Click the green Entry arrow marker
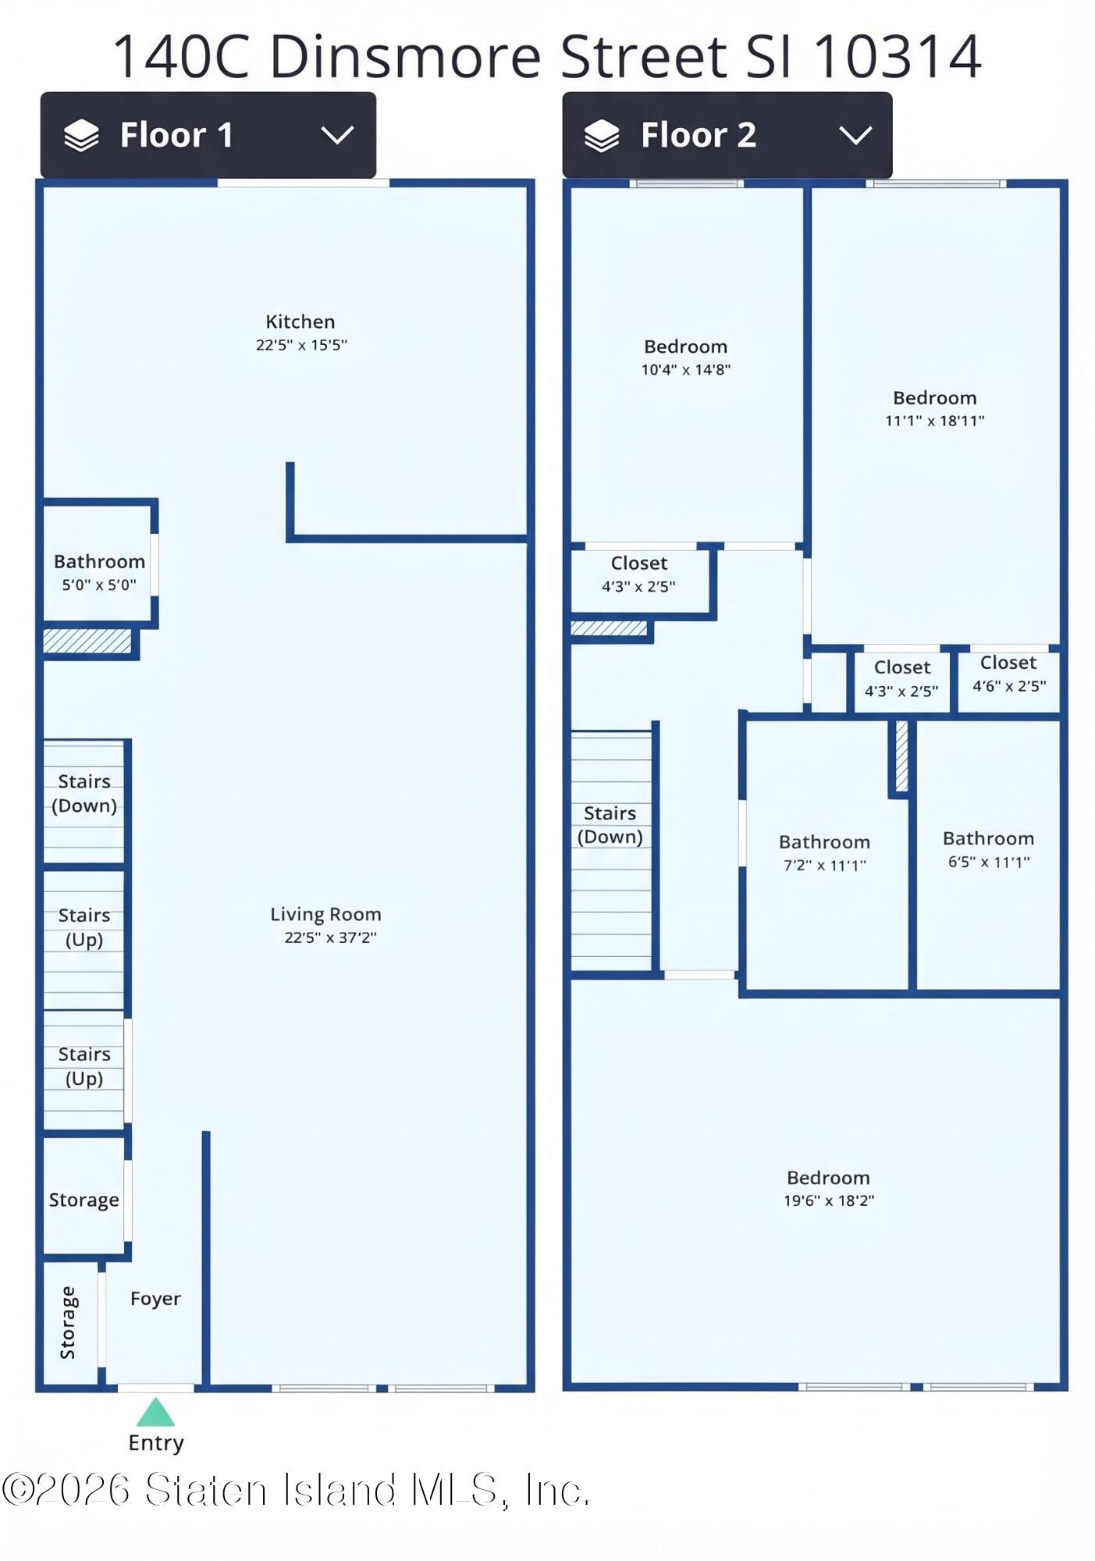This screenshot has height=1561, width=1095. (156, 1412)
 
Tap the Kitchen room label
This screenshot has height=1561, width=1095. (300, 322)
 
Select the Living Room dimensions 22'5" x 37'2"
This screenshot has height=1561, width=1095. (330, 937)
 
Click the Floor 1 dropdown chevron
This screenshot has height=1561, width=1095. (337, 135)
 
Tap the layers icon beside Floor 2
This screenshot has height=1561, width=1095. (602, 136)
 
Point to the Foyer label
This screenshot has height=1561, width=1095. (155, 1298)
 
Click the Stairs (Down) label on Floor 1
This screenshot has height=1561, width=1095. (84, 793)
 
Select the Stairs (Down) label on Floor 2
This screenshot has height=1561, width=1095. (610, 825)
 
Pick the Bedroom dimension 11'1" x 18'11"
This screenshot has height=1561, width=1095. (934, 421)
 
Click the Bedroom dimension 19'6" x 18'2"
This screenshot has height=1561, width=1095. (829, 1200)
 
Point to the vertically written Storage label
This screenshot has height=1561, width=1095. (68, 1323)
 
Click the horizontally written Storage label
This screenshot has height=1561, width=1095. (84, 1200)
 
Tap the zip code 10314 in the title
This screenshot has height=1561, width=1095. (897, 57)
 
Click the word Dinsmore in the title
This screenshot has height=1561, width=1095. (406, 57)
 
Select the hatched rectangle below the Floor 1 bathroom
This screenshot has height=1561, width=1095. (87, 641)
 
